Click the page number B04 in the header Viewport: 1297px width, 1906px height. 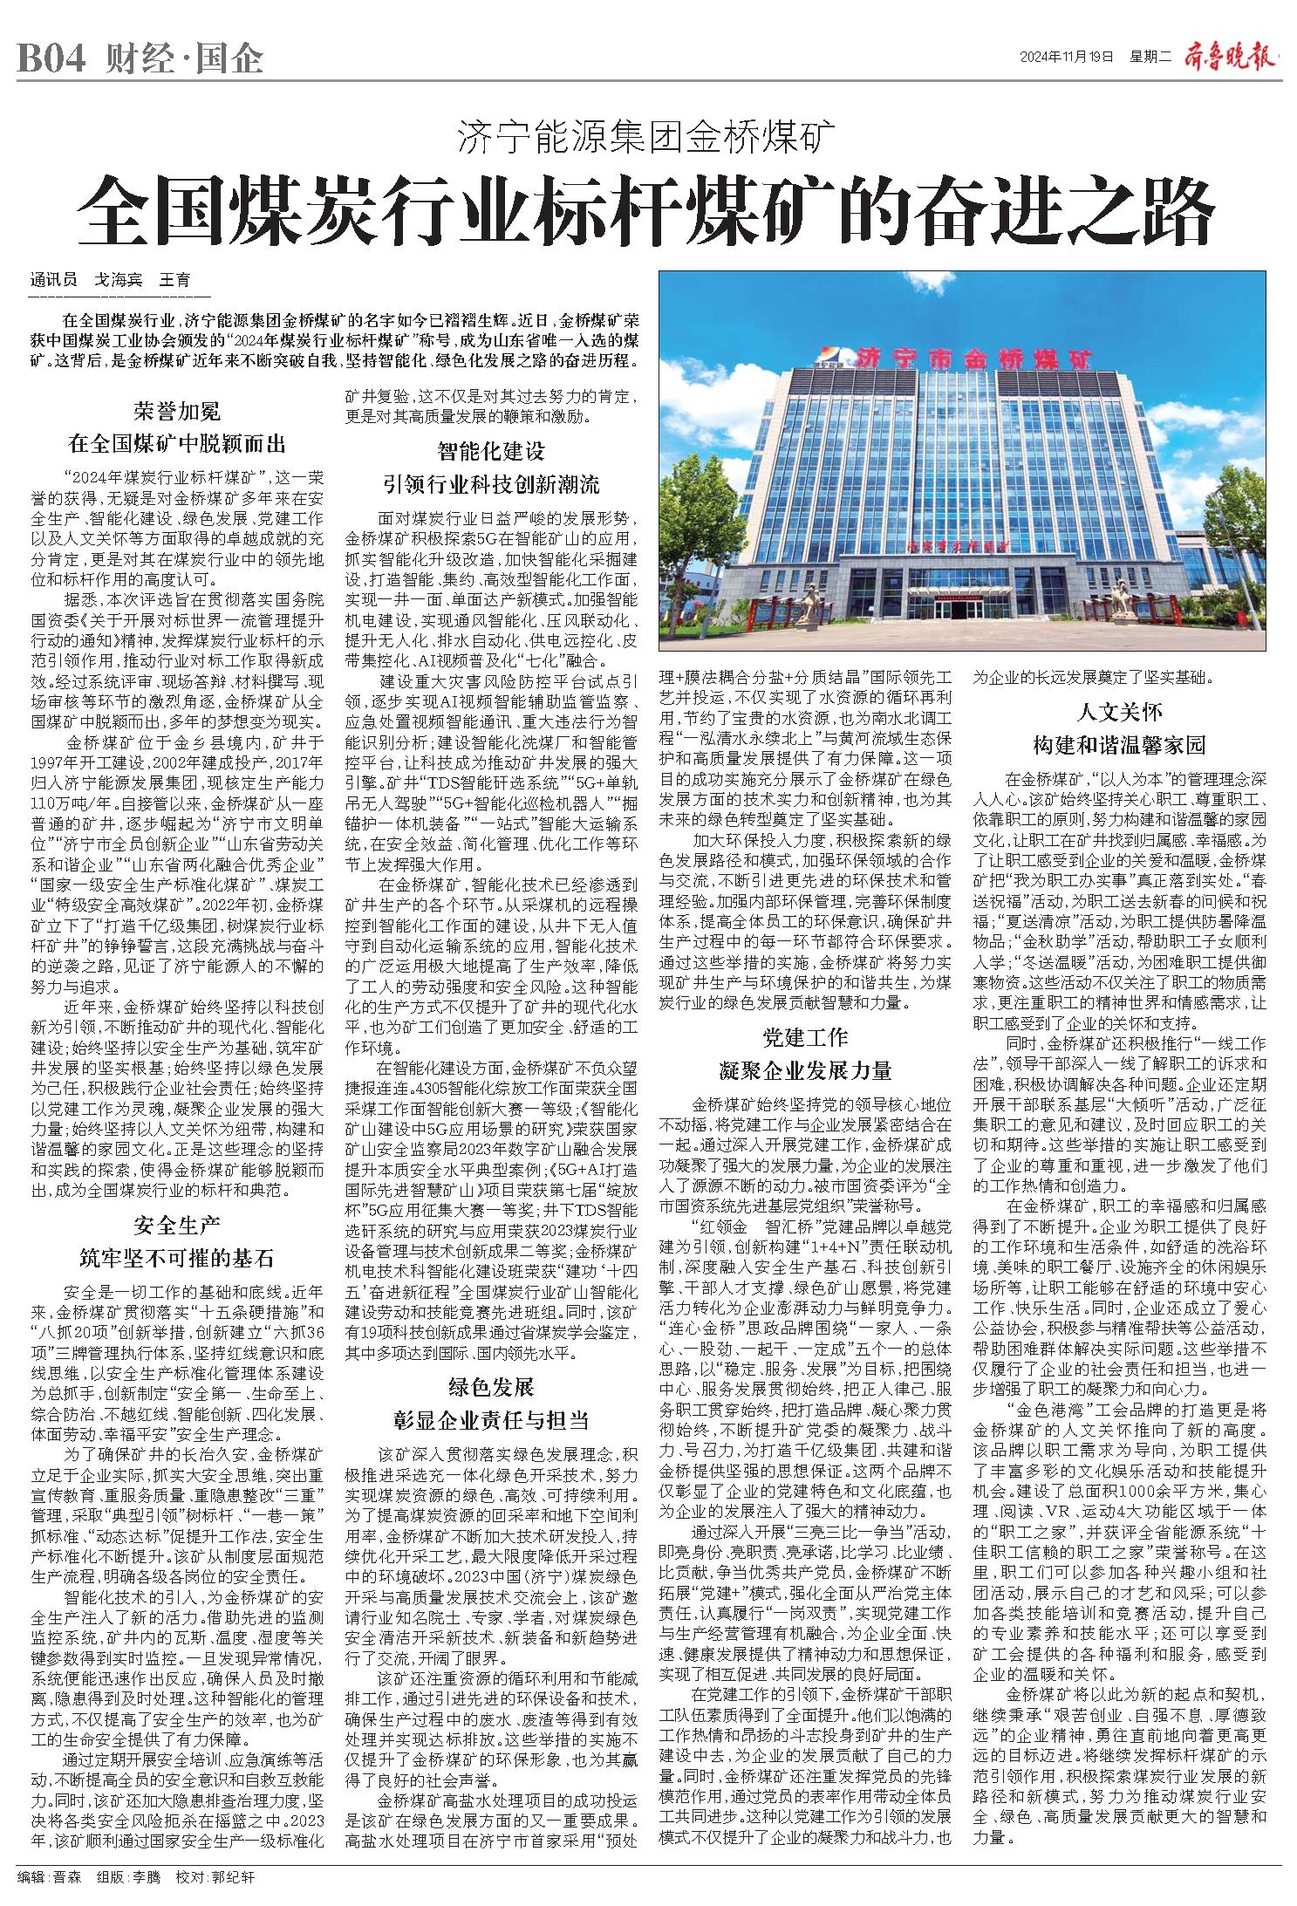pos(51,60)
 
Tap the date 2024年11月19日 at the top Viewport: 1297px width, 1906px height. pos(1067,58)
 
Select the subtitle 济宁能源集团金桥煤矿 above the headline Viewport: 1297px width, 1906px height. pos(647,136)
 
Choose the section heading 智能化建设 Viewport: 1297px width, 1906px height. pos(491,451)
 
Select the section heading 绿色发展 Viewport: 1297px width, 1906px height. pos(491,1387)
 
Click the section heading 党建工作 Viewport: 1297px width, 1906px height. pos(804,1037)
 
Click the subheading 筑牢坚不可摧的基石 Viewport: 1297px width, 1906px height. pos(177,1258)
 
